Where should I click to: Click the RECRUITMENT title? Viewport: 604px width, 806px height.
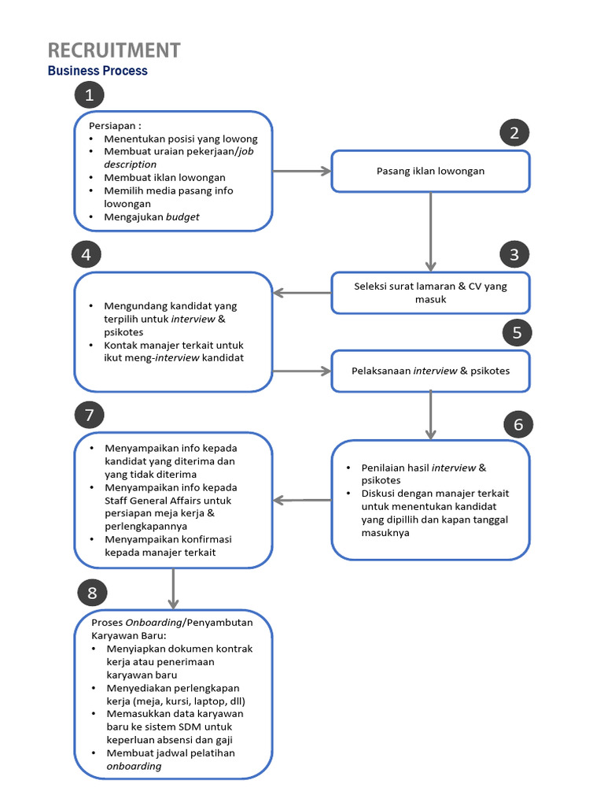[x=114, y=50]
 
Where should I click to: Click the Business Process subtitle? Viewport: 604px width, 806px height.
[x=98, y=71]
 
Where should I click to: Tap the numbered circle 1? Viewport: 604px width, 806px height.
[x=90, y=95]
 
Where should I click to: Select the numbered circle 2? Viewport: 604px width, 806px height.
[x=514, y=133]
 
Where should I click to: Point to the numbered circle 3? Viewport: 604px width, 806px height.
[x=514, y=254]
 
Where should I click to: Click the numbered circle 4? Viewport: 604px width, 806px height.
[x=86, y=254]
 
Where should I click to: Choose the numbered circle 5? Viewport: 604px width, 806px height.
[x=517, y=332]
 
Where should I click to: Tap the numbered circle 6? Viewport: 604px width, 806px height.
[x=517, y=425]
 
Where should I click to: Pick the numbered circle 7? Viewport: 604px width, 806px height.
[x=90, y=415]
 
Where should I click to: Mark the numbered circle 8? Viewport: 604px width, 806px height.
[x=92, y=593]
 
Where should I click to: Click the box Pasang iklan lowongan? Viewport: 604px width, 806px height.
[x=430, y=171]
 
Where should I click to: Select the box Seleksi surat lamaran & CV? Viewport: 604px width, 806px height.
[x=430, y=293]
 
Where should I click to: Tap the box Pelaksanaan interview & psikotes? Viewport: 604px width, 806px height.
[x=430, y=371]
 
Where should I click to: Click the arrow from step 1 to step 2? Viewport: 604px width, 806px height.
[x=301, y=171]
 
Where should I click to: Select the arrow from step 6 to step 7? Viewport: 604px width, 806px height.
[x=302, y=500]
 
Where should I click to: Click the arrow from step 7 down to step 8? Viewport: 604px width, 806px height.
[x=173, y=589]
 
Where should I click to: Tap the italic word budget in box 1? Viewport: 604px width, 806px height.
[x=182, y=216]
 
